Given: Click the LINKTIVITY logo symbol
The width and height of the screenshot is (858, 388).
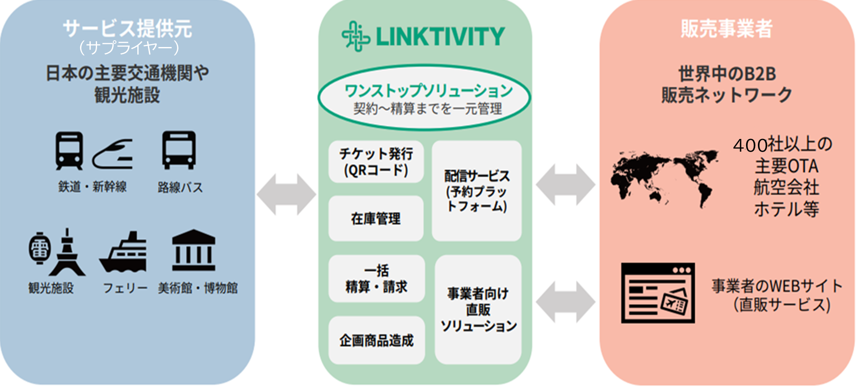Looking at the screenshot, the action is tap(356, 36).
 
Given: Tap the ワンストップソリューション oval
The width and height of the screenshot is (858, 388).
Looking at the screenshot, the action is tap(424, 97).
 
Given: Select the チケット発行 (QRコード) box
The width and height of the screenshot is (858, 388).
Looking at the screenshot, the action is tap(376, 162).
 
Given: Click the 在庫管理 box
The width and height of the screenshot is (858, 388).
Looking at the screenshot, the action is tap(376, 219).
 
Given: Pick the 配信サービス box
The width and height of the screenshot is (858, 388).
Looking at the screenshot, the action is tap(476, 191).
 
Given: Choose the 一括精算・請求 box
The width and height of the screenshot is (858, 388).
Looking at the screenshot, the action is tap(376, 278).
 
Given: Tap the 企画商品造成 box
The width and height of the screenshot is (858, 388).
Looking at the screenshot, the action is tap(376, 340).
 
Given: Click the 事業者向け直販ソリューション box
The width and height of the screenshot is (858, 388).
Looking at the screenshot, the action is tap(478, 309).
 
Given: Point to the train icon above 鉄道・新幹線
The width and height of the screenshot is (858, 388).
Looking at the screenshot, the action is tap(69, 150).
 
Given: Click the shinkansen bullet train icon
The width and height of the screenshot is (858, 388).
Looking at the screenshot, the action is tap(113, 154).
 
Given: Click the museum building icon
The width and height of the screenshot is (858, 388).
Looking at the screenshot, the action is tap(194, 250).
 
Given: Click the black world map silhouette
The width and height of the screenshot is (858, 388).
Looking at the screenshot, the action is tap(664, 178).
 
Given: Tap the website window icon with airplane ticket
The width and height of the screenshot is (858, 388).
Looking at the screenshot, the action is tap(658, 293).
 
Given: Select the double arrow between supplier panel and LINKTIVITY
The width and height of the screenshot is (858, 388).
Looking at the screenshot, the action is tap(287, 194).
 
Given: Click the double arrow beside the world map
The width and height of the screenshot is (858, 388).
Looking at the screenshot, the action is tap(566, 185).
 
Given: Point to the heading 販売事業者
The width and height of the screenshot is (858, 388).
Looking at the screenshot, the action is tap(727, 29).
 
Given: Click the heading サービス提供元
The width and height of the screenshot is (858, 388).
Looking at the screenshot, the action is tap(128, 29).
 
